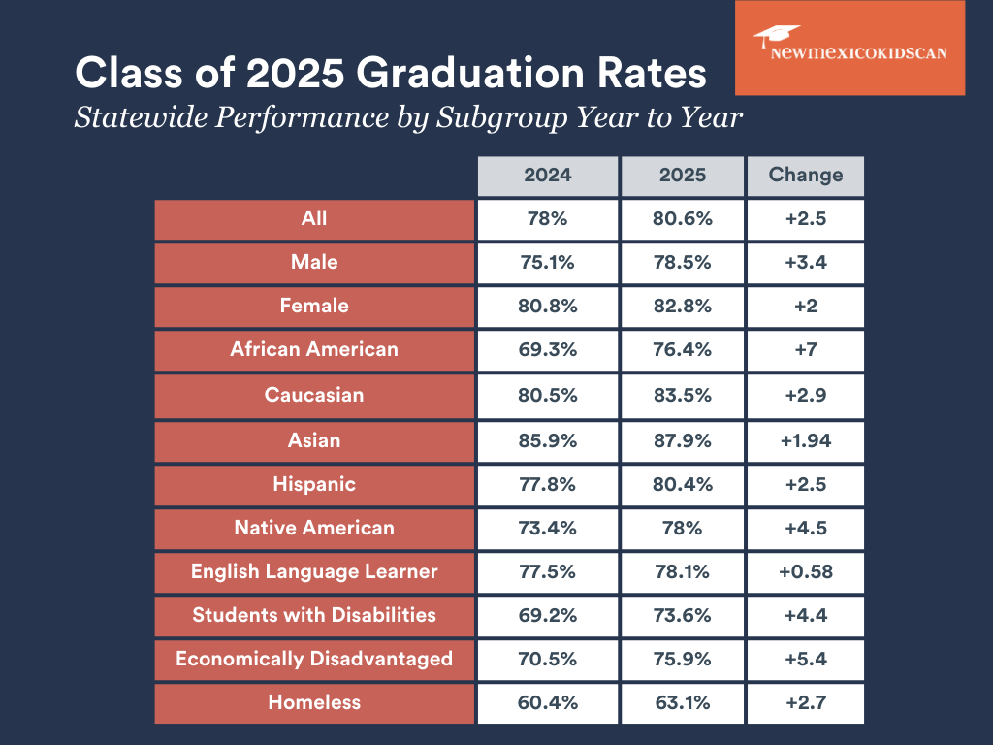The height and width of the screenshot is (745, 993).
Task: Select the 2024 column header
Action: coord(548,176)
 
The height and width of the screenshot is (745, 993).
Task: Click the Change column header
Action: coord(805,176)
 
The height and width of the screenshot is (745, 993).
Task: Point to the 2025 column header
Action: coord(683,176)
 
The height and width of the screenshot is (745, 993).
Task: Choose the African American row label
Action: coord(314,349)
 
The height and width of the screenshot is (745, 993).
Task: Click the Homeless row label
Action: coord(314,702)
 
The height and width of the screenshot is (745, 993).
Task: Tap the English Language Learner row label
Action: coord(314,571)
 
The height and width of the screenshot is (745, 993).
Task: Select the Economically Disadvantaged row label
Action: coord(314,659)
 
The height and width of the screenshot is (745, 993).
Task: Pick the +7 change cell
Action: coord(805,349)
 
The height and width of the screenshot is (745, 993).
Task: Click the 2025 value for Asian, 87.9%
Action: coord(683,440)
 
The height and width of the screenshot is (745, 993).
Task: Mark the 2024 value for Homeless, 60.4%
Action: coord(548,702)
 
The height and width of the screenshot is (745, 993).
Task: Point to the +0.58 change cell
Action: coord(805,571)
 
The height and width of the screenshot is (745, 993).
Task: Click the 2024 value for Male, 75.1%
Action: coord(548,262)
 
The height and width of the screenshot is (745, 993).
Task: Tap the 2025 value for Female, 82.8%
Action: coord(683,306)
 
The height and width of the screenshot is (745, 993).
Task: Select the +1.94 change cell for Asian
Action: coord(805,440)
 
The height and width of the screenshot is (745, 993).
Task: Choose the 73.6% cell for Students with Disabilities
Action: coord(683,615)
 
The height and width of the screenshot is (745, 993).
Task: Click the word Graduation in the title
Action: coord(459,75)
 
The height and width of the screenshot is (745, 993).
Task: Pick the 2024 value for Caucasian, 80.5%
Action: coord(548,395)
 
